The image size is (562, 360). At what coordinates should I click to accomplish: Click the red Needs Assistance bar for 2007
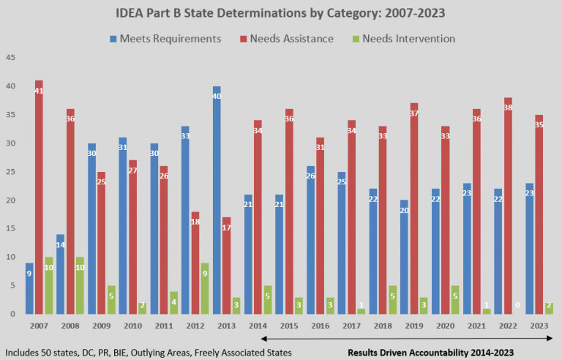click(39, 198)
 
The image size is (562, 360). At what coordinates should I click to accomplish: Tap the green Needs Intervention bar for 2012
click(206, 288)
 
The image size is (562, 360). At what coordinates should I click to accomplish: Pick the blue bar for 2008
click(61, 274)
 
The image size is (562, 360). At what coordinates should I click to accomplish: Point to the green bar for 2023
click(549, 308)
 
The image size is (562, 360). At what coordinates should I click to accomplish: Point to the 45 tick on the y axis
click(10, 57)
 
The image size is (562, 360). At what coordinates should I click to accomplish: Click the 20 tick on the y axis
click(10, 200)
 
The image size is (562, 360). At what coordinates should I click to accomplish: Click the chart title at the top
click(281, 14)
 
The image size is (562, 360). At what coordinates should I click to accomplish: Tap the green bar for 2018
click(393, 299)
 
